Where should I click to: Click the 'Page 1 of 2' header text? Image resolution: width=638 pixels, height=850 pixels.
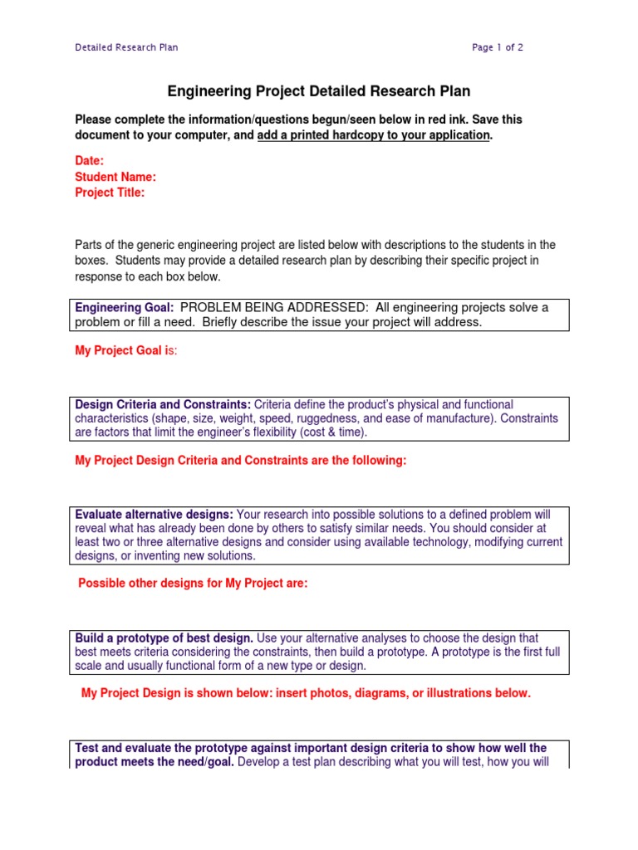[498, 47]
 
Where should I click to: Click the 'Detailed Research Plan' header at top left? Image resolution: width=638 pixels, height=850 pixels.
[126, 47]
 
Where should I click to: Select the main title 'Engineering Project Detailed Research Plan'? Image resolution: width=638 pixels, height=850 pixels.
[320, 91]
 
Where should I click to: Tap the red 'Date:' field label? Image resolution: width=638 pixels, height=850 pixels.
[90, 161]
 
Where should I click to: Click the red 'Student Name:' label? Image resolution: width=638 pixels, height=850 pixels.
[115, 177]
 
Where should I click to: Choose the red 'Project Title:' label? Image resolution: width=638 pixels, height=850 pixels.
[110, 193]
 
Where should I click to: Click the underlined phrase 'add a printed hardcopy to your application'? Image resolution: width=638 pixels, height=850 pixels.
[374, 135]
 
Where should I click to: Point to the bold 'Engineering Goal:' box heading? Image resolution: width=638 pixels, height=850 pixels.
[125, 308]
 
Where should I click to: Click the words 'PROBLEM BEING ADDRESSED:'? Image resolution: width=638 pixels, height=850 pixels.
[268, 308]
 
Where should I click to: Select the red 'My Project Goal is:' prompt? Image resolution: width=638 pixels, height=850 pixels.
[126, 351]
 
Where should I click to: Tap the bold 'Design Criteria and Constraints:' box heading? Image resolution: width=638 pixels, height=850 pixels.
[163, 404]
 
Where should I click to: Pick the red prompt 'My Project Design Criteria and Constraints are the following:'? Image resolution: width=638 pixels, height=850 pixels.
[241, 461]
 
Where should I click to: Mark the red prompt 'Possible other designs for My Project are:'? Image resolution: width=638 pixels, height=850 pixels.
[193, 584]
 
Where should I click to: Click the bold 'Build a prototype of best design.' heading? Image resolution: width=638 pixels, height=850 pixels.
[164, 638]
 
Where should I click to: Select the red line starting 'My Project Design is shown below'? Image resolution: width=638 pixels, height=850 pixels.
[306, 693]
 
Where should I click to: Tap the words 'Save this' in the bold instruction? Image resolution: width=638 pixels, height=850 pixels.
[496, 120]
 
